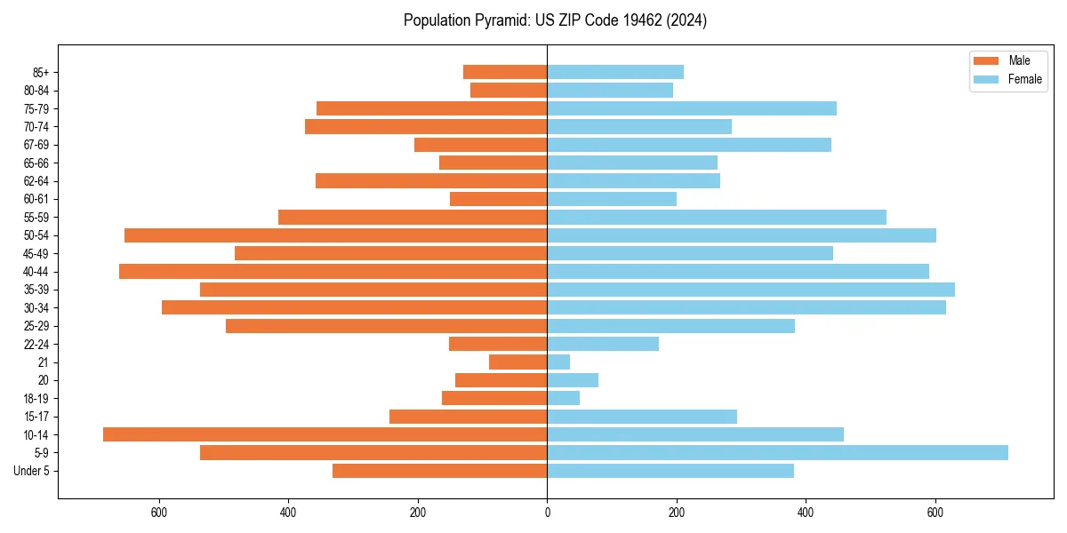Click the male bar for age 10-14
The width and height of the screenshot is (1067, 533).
tap(325, 434)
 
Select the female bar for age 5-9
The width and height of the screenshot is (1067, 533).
tap(777, 453)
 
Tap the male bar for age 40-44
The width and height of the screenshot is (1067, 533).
tap(333, 272)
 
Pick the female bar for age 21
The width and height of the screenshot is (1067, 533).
tap(558, 362)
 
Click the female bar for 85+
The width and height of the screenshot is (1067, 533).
tap(615, 72)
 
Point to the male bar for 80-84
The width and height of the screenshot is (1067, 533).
tap(509, 91)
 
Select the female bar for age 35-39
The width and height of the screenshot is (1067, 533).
tap(750, 290)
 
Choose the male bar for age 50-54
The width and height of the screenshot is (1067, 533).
tap(335, 235)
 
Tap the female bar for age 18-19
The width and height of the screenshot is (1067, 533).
tap(563, 399)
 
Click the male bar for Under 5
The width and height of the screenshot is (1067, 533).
tap(439, 471)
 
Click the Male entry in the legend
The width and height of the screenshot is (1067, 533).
tap(1019, 60)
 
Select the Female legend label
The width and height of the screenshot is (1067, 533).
tap(1024, 79)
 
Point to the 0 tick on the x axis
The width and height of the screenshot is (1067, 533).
tap(547, 513)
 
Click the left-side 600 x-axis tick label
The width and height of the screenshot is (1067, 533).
tap(159, 513)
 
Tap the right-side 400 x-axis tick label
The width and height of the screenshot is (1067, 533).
tap(806, 513)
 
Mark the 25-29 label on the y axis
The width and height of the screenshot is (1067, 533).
tap(36, 326)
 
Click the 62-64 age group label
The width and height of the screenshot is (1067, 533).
tap(36, 181)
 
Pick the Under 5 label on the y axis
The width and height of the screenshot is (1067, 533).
tap(31, 471)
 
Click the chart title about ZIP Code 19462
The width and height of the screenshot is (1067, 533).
tap(555, 20)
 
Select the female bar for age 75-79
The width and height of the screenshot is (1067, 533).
tap(692, 108)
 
